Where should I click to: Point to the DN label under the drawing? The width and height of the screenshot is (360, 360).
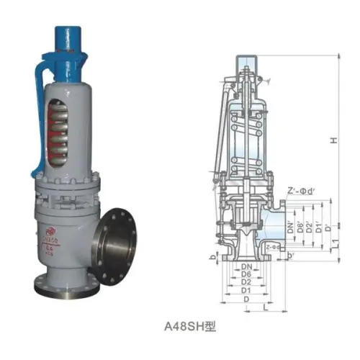tap(246, 266)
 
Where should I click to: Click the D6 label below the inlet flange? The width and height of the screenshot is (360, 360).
tap(246, 274)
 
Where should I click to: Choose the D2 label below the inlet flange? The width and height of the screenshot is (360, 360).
tap(246, 282)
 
